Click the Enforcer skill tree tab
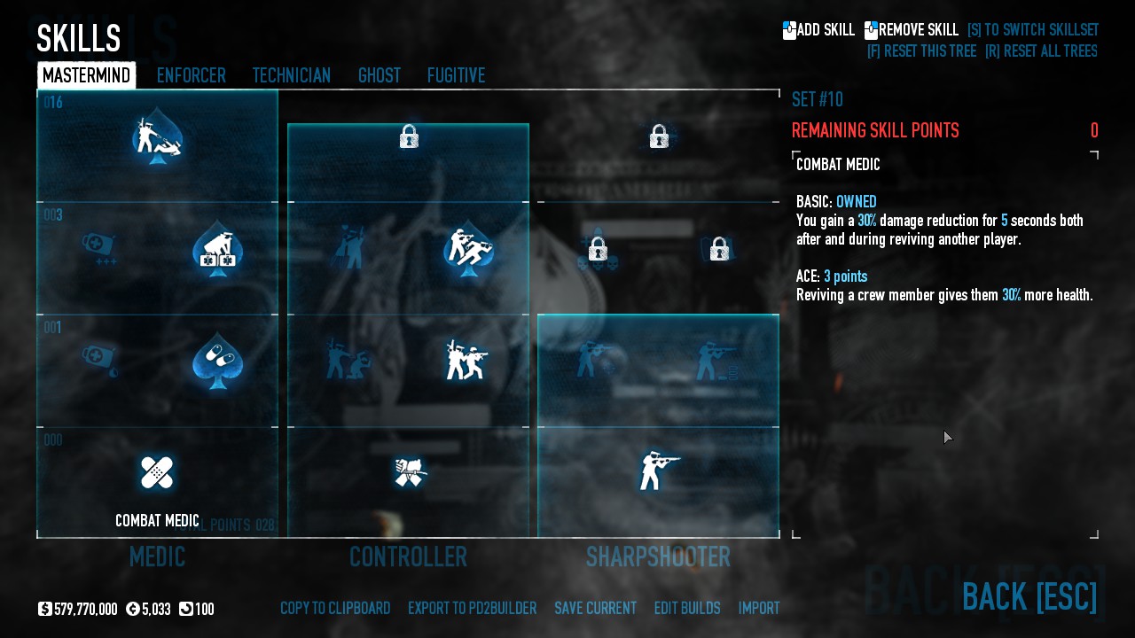(x=191, y=76)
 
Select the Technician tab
(x=291, y=76)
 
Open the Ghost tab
(x=379, y=76)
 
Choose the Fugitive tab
(x=456, y=76)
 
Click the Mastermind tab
(x=86, y=76)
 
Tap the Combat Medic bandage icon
(x=157, y=472)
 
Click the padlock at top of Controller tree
(x=409, y=136)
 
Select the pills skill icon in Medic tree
(x=217, y=360)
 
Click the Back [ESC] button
(x=1029, y=596)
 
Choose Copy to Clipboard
(x=335, y=609)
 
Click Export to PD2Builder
(x=472, y=609)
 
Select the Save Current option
(x=595, y=609)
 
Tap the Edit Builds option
(x=687, y=609)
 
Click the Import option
(x=759, y=609)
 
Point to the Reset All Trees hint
(x=1041, y=51)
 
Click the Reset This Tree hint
(x=921, y=51)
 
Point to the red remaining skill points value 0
(x=1094, y=131)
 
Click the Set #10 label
(x=817, y=99)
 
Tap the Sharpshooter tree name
(x=658, y=557)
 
